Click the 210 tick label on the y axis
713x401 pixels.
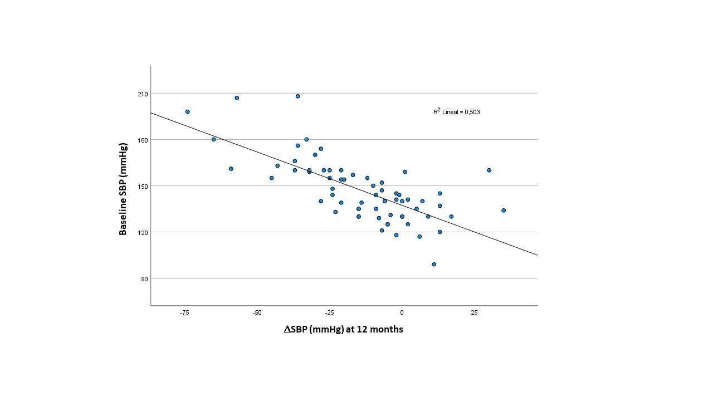pyautogui.click(x=141, y=94)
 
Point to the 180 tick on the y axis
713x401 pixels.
pyautogui.click(x=141, y=140)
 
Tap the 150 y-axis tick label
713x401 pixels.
pyautogui.click(x=141, y=186)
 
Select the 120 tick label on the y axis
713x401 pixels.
pyautogui.click(x=141, y=232)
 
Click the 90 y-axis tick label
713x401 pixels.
pyautogui.click(x=143, y=278)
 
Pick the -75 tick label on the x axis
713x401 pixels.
pyautogui.click(x=185, y=313)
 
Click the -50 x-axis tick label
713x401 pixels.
pyautogui.click(x=257, y=313)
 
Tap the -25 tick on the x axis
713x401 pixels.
pyautogui.click(x=330, y=313)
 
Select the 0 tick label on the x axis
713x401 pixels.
pyautogui.click(x=402, y=313)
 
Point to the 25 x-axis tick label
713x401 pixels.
pyautogui.click(x=475, y=313)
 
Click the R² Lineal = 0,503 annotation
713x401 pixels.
pyautogui.click(x=457, y=112)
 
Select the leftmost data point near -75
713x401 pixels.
pyautogui.click(x=188, y=111)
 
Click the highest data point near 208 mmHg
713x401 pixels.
pyautogui.click(x=298, y=96)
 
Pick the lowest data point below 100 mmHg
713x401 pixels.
pyautogui.click(x=434, y=265)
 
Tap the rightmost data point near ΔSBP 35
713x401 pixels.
pyautogui.click(x=504, y=211)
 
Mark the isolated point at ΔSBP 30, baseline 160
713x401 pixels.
pyautogui.click(x=489, y=170)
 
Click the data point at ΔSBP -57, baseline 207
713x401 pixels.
pyautogui.click(x=237, y=98)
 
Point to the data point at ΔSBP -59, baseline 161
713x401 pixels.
pyautogui.click(x=231, y=169)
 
